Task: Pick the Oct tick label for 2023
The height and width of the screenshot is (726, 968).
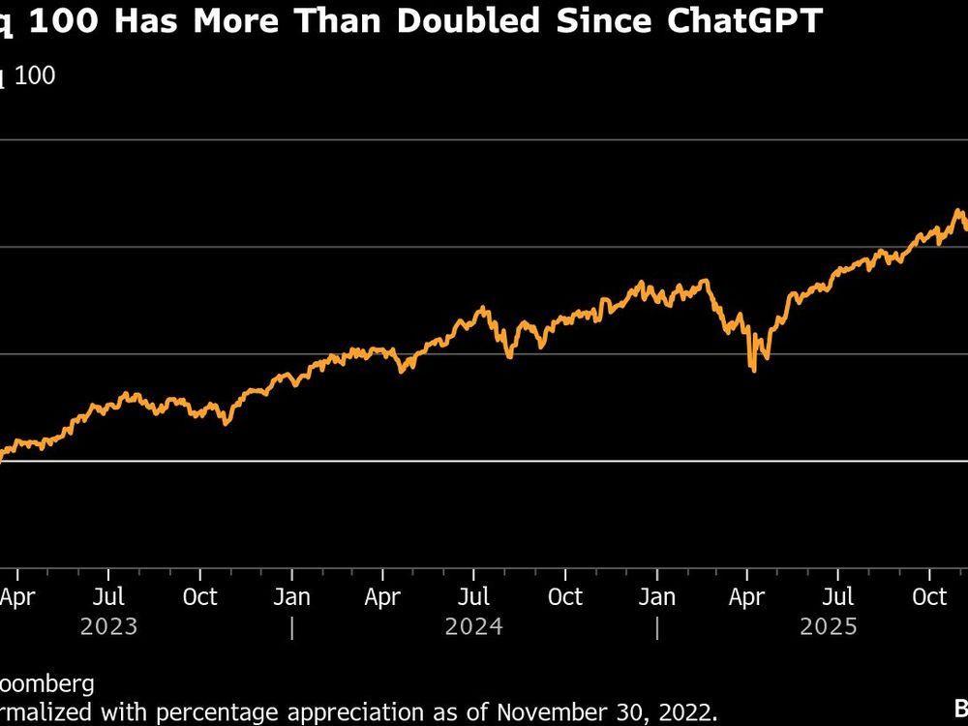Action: point(199,596)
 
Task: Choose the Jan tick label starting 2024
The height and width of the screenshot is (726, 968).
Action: point(291,596)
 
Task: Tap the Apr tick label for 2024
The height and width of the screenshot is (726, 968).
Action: point(382,596)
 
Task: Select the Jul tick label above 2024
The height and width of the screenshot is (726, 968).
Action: point(473,596)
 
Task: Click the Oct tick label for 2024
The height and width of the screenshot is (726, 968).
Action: point(565,596)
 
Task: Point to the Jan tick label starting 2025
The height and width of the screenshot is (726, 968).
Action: point(657,596)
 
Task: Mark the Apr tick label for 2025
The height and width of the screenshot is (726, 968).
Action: point(747,596)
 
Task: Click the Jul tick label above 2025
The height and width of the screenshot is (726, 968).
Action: point(838,596)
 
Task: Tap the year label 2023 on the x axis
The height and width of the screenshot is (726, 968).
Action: point(108,627)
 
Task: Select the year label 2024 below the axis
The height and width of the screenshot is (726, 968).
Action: point(473,627)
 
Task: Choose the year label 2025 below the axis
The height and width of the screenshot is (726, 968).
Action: point(829,627)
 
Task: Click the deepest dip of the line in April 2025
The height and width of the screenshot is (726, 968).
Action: point(752,370)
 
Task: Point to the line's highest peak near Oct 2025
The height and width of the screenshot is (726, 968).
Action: point(958,210)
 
